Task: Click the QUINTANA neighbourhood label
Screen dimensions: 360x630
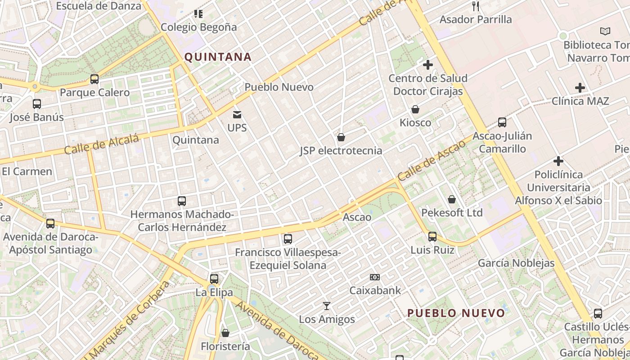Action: pos(218,57)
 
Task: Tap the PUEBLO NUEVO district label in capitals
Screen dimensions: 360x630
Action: pos(456,313)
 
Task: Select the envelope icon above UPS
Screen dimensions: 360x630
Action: pos(237,115)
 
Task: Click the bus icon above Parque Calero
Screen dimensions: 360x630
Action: pos(94,79)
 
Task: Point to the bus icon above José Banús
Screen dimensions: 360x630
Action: pos(37,104)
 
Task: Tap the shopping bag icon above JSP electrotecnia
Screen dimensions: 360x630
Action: pos(341,137)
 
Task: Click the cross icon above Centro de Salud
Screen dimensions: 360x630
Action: pos(427,65)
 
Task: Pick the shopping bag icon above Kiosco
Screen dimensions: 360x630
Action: pos(415,109)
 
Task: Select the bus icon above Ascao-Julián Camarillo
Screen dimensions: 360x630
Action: pos(502,122)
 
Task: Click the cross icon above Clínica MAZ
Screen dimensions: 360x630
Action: pos(580,88)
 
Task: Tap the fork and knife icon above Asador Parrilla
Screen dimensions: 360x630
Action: pos(476,6)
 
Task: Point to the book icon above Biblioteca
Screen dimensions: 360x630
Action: pos(605,31)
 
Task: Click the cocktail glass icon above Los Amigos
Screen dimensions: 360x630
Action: pos(327,306)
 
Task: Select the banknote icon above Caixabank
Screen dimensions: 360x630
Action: pos(375,277)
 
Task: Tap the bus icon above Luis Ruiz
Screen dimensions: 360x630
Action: pos(432,236)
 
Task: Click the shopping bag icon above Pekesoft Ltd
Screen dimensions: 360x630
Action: pos(452,199)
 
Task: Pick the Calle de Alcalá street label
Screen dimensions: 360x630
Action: pos(101,144)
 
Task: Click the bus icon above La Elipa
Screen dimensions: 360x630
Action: pos(214,279)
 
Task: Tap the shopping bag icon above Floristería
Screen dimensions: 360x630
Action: pos(225,333)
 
